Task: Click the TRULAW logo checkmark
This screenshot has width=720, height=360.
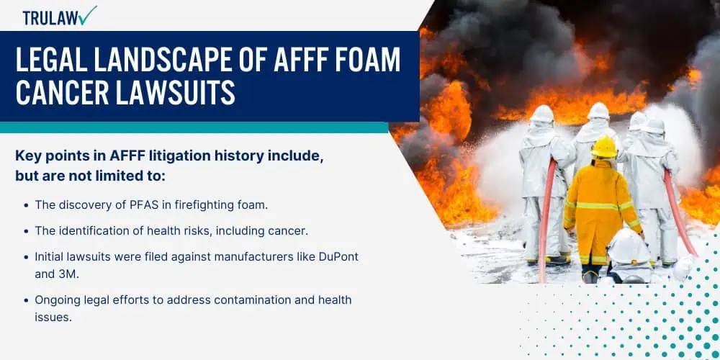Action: (x=87, y=15)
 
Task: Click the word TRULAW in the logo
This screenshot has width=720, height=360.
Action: (x=50, y=17)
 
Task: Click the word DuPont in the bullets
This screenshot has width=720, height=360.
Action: (x=338, y=257)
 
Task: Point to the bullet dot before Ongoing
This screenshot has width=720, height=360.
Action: (x=26, y=301)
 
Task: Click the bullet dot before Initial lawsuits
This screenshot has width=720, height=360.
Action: (x=26, y=257)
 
